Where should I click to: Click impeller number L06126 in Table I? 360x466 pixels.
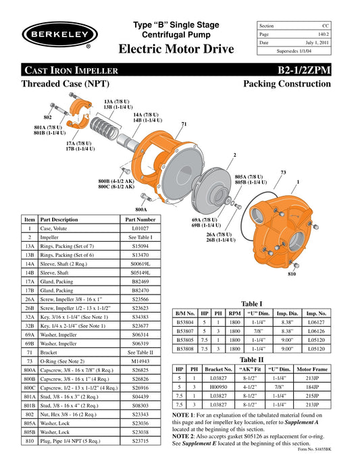tap(315, 332)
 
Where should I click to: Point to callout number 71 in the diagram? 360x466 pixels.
tap(183, 124)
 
